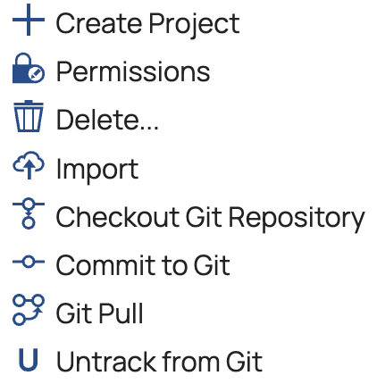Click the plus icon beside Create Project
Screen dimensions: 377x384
(x=29, y=20)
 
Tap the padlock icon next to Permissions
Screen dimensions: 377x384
(x=28, y=68)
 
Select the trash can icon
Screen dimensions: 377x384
(x=29, y=116)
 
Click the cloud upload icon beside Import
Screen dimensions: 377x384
(x=29, y=165)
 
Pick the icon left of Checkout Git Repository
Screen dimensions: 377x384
(x=29, y=213)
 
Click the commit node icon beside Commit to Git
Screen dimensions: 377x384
(x=29, y=262)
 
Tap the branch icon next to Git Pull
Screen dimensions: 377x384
(x=29, y=310)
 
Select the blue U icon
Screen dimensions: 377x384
(x=29, y=360)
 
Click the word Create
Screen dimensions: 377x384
(x=99, y=23)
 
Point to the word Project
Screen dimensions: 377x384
(x=194, y=25)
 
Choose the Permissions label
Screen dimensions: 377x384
(x=133, y=71)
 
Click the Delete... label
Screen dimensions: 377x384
(x=107, y=120)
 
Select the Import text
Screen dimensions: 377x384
(x=97, y=170)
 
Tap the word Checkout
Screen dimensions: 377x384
(x=117, y=217)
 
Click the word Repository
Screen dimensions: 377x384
(x=297, y=219)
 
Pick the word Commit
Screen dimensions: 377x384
(x=105, y=265)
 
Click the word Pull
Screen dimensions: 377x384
(x=121, y=313)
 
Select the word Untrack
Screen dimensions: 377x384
(x=106, y=362)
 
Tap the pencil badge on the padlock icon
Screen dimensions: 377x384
(x=37, y=74)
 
